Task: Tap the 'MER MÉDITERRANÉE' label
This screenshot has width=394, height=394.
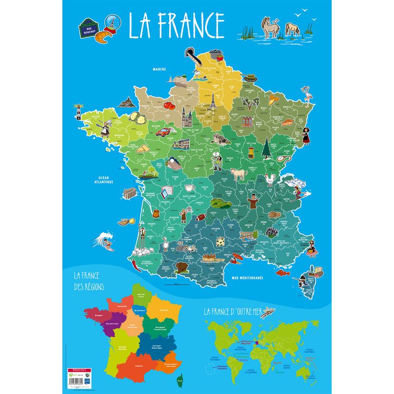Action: point(247,277)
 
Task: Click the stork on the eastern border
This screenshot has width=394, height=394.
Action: point(306,93)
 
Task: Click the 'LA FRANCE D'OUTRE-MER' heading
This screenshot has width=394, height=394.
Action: point(232,311)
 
